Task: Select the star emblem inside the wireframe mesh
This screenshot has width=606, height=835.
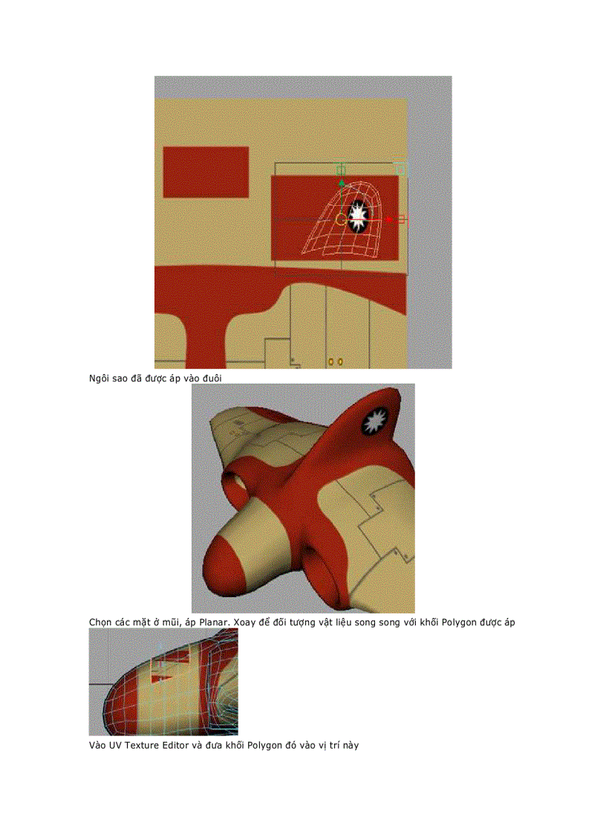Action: (x=358, y=216)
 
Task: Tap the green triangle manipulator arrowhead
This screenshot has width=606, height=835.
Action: (x=342, y=182)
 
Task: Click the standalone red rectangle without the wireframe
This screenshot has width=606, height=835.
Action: (x=206, y=172)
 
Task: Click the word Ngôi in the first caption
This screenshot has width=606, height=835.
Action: (x=100, y=378)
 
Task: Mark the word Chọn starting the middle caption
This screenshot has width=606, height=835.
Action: (x=101, y=622)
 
